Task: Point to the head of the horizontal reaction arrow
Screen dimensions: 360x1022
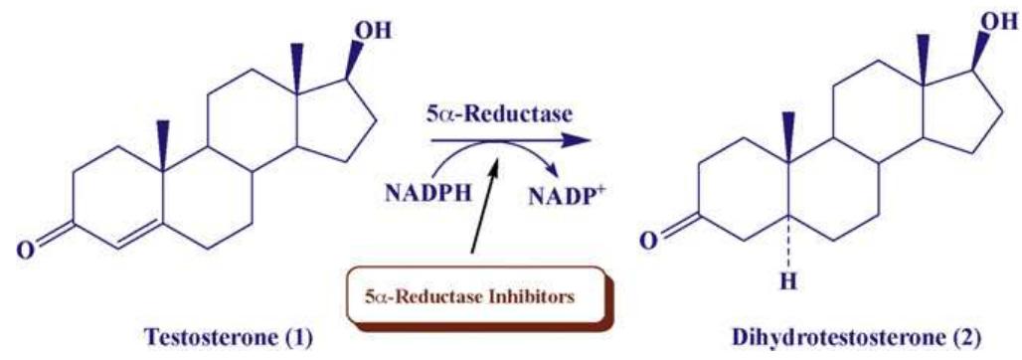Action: [x=580, y=142]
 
